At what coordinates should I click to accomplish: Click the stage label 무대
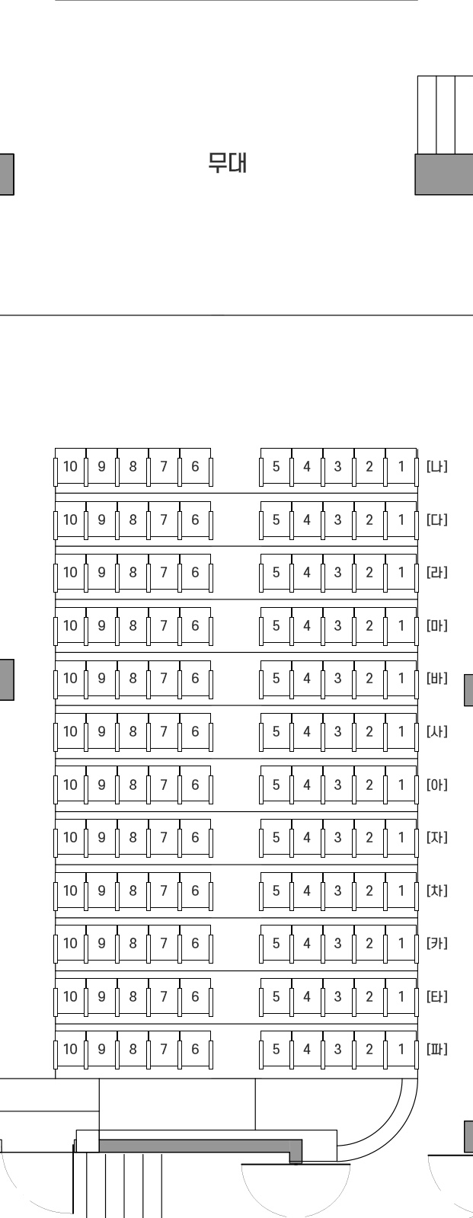click(228, 162)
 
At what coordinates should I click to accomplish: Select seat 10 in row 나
click(70, 466)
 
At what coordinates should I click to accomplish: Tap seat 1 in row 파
click(401, 1049)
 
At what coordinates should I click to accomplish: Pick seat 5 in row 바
click(276, 678)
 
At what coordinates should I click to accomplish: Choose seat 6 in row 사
click(195, 731)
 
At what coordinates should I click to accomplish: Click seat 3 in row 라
click(338, 572)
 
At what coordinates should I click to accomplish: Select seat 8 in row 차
click(133, 890)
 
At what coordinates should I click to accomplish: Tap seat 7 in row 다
click(164, 519)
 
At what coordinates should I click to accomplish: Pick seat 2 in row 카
click(369, 943)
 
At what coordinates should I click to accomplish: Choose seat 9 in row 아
click(101, 785)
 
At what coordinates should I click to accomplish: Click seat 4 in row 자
click(307, 837)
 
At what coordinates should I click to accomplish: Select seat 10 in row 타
click(70, 996)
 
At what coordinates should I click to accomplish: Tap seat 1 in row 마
click(401, 625)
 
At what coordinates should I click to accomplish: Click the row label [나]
click(437, 466)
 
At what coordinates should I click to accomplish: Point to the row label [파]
click(437, 1049)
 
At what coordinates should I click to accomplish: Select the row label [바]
click(437, 678)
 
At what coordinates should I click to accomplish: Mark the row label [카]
click(437, 943)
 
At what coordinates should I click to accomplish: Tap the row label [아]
click(437, 785)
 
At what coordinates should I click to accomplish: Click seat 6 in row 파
click(195, 1049)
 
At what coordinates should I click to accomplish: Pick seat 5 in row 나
click(276, 466)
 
